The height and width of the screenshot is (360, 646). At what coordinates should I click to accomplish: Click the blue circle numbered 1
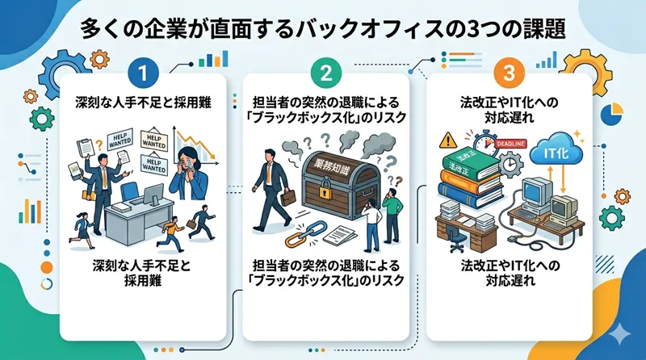coord(143,74)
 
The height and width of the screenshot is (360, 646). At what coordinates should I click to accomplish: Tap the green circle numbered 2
coord(324,74)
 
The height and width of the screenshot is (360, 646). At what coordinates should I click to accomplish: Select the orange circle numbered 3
coord(506,74)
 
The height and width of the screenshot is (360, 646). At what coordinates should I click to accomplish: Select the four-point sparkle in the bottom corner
coord(619,333)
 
